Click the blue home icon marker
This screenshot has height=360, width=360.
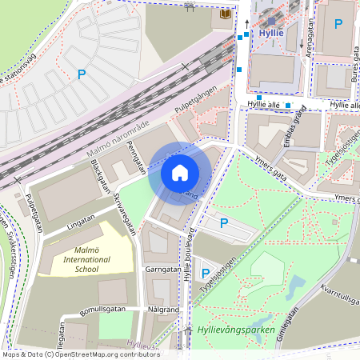[x=180, y=172]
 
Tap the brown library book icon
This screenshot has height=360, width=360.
[x=226, y=14]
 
